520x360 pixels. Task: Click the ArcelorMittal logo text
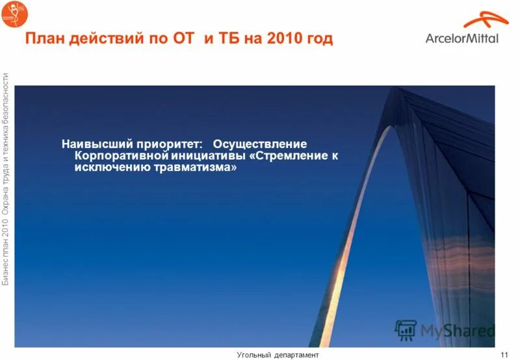click(462, 38)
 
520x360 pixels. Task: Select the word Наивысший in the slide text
click(98, 143)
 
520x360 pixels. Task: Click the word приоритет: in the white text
click(174, 143)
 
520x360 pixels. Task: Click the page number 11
click(504, 354)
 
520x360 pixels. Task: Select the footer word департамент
click(296, 354)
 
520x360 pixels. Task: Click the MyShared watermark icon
click(406, 330)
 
